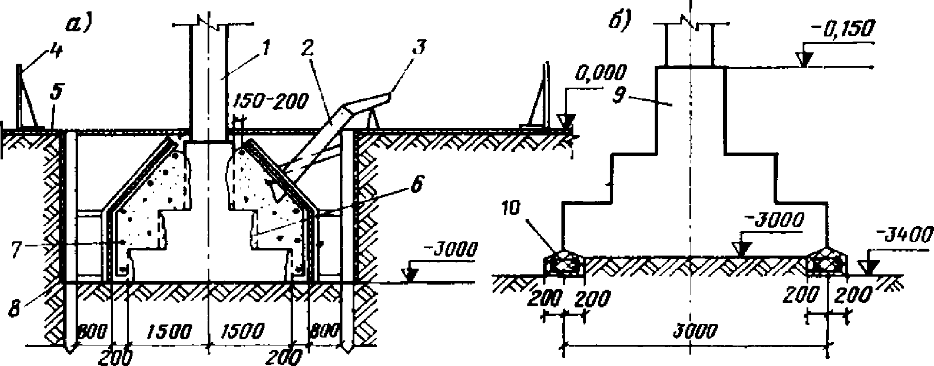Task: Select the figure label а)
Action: pos(79,24)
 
